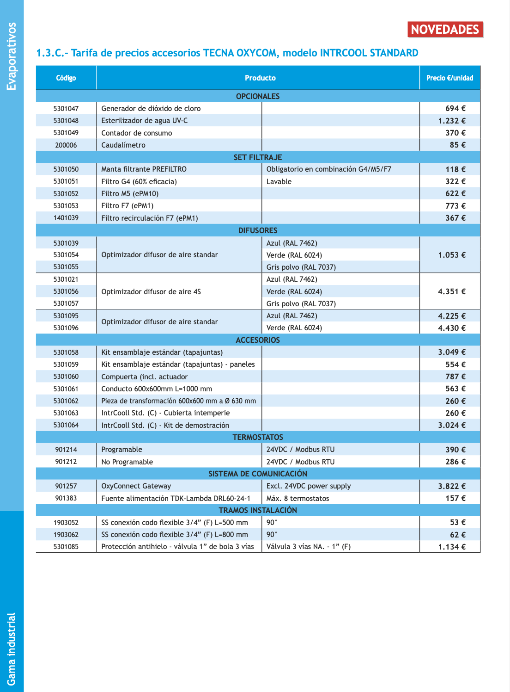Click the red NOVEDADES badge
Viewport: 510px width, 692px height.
pyautogui.click(x=445, y=30)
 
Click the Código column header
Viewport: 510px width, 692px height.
pyautogui.click(x=66, y=78)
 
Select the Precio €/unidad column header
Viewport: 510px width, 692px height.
pyautogui.click(x=449, y=78)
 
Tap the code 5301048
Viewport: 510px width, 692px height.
pyautogui.click(x=66, y=121)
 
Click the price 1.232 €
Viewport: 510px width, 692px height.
pyautogui.click(x=452, y=121)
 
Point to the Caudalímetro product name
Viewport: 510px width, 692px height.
pyautogui.click(x=123, y=145)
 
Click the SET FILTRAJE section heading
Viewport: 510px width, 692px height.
pyautogui.click(x=258, y=157)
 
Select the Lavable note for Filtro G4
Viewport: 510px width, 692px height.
pyautogui.click(x=279, y=182)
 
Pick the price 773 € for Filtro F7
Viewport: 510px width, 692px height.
pyautogui.click(x=455, y=206)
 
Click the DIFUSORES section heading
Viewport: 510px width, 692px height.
pyautogui.click(x=258, y=230)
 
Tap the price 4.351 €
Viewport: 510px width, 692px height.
pyautogui.click(x=452, y=291)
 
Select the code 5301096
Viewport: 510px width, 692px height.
pyautogui.click(x=66, y=328)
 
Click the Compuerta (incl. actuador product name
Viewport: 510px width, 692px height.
pyautogui.click(x=145, y=377)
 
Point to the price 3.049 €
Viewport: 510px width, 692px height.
pyautogui.click(x=452, y=352)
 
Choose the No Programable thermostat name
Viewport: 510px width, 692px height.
pyautogui.click(x=127, y=462)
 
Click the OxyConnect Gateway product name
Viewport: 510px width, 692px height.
pyautogui.click(x=136, y=486)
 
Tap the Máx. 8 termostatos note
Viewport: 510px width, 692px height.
pyautogui.click(x=298, y=499)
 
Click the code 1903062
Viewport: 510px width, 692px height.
pyautogui.click(x=66, y=535)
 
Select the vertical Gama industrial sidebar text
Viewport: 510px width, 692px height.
pyautogui.click(x=12, y=649)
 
